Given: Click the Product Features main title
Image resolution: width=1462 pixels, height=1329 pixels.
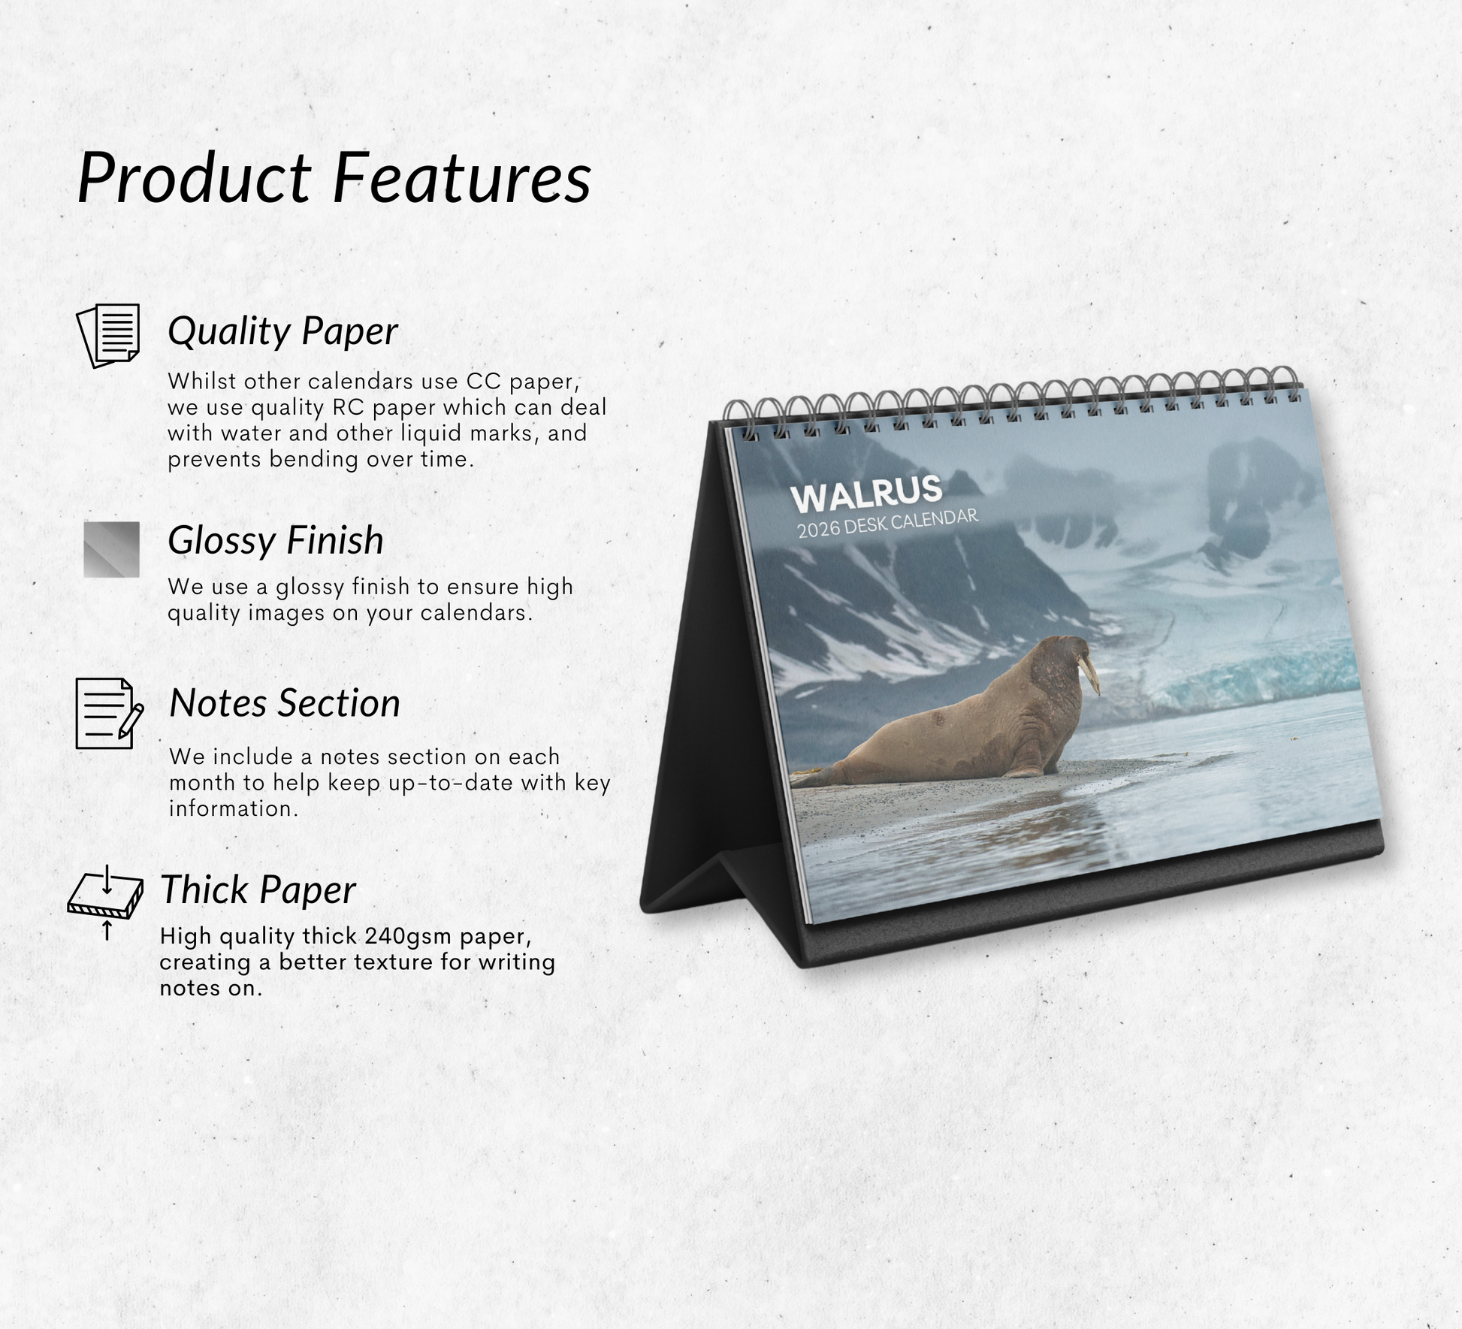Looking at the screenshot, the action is pyautogui.click(x=334, y=178).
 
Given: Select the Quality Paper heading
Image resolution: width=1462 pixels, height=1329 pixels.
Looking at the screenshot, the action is pyautogui.click(x=282, y=331).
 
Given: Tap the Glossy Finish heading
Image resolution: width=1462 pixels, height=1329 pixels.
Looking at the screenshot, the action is pyautogui.click(x=276, y=541).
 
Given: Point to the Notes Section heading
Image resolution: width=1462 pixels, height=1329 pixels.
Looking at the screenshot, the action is pyautogui.click(x=285, y=703).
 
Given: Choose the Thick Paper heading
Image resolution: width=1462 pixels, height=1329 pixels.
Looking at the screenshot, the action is pyautogui.click(x=258, y=890).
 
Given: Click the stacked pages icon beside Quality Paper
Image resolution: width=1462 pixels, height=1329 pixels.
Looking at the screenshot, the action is pyautogui.click(x=109, y=335).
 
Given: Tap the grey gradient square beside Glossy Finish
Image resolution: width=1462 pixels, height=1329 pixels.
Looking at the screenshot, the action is pyautogui.click(x=111, y=549).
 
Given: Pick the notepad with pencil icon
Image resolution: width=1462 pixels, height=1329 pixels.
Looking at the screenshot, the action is pyautogui.click(x=109, y=714).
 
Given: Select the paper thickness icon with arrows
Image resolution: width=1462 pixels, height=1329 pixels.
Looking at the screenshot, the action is pyautogui.click(x=106, y=902).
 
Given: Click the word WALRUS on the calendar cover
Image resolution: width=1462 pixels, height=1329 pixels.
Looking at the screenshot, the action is pyautogui.click(x=866, y=493).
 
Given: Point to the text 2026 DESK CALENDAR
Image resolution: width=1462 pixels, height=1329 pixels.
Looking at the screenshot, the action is pyautogui.click(x=888, y=523).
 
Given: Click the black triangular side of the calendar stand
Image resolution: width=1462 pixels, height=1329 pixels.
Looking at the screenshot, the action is pyautogui.click(x=714, y=676).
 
